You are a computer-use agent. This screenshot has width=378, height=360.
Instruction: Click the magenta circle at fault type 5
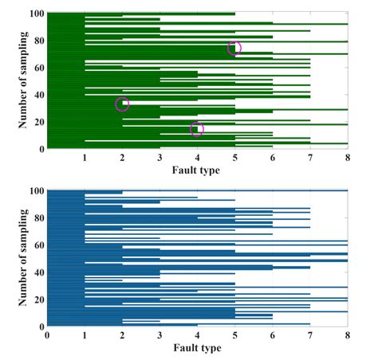click(234, 48)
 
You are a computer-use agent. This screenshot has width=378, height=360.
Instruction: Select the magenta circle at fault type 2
click(122, 104)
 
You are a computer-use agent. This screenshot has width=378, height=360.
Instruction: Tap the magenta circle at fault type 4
click(197, 129)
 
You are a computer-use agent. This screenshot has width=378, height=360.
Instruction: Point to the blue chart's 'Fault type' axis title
click(196, 348)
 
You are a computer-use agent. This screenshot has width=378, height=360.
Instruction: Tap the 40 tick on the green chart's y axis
click(37, 95)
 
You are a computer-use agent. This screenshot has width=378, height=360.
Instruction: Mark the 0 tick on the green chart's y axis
click(40, 149)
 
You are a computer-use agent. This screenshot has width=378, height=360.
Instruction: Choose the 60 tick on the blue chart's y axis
click(37, 245)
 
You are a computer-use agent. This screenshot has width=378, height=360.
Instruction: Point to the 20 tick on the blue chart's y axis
click(37, 299)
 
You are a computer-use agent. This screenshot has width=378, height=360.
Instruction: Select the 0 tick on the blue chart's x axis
click(48, 335)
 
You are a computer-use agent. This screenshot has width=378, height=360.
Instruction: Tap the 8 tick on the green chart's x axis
click(348, 157)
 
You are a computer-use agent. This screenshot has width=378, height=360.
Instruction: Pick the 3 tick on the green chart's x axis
click(160, 157)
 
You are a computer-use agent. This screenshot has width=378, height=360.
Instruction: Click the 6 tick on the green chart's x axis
click(273, 157)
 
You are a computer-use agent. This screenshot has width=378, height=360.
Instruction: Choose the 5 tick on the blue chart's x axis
click(235, 335)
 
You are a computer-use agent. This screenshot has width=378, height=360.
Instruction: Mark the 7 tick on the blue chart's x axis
click(310, 335)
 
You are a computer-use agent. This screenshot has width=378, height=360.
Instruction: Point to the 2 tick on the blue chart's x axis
click(123, 335)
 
